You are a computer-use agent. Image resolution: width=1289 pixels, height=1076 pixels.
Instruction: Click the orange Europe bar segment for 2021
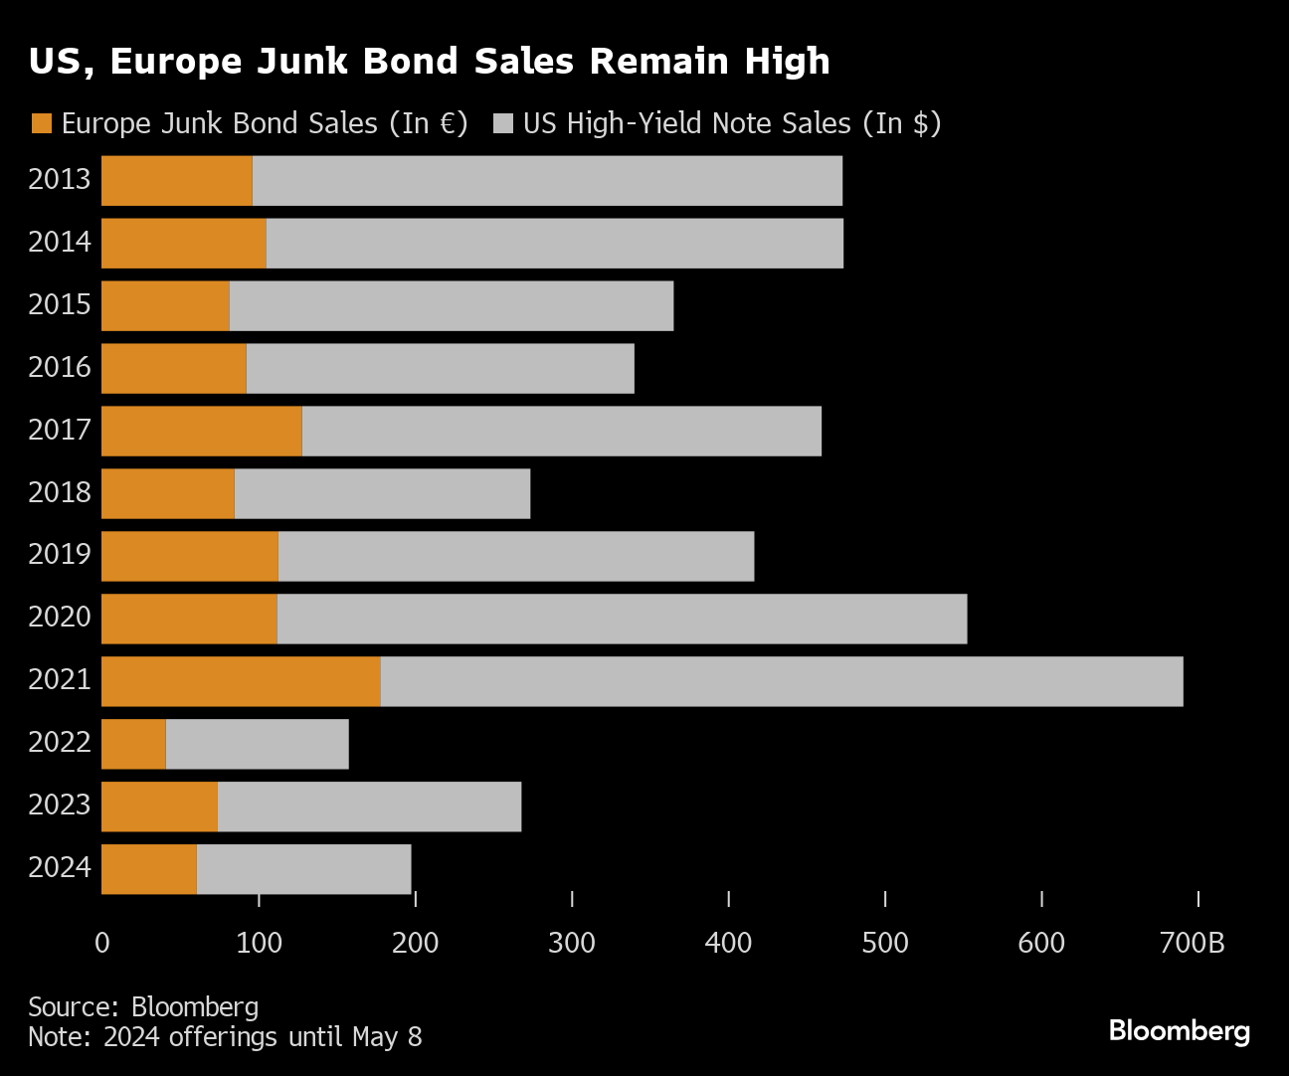(x=241, y=681)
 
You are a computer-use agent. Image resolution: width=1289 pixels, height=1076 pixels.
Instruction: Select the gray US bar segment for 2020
(x=622, y=619)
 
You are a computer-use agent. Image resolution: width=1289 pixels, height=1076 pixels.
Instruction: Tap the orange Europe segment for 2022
(x=133, y=744)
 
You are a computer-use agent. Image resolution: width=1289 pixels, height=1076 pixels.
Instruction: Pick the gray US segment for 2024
(x=303, y=869)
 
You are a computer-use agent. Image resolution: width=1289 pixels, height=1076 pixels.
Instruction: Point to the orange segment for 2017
(x=202, y=431)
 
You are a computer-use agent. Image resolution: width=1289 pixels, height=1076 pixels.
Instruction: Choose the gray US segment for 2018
(x=382, y=493)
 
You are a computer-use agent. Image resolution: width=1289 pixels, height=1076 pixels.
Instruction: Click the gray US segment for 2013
(x=547, y=181)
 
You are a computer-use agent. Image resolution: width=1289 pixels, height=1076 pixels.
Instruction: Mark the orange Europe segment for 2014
(x=184, y=244)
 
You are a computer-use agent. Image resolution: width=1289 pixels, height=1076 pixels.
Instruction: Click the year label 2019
(x=60, y=554)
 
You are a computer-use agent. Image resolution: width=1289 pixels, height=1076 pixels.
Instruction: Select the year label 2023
(x=60, y=805)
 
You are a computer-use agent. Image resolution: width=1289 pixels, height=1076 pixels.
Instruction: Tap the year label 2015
(x=60, y=304)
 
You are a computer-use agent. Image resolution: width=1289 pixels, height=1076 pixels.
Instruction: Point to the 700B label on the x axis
(x=1193, y=943)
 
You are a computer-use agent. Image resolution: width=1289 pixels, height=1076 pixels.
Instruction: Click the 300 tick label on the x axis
(x=572, y=943)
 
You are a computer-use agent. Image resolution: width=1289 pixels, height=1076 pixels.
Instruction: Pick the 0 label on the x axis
(x=101, y=943)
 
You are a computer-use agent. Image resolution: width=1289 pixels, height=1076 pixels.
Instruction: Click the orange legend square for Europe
(x=41, y=123)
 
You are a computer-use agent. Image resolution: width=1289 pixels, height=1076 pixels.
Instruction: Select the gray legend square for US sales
(x=503, y=123)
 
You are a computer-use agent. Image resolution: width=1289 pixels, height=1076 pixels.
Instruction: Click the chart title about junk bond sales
(x=429, y=62)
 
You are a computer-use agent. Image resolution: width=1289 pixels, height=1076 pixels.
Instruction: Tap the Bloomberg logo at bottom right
(x=1179, y=1030)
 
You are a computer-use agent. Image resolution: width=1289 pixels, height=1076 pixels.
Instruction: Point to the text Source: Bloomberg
(x=143, y=1007)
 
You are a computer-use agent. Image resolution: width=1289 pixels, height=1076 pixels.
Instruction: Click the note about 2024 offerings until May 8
(x=225, y=1037)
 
